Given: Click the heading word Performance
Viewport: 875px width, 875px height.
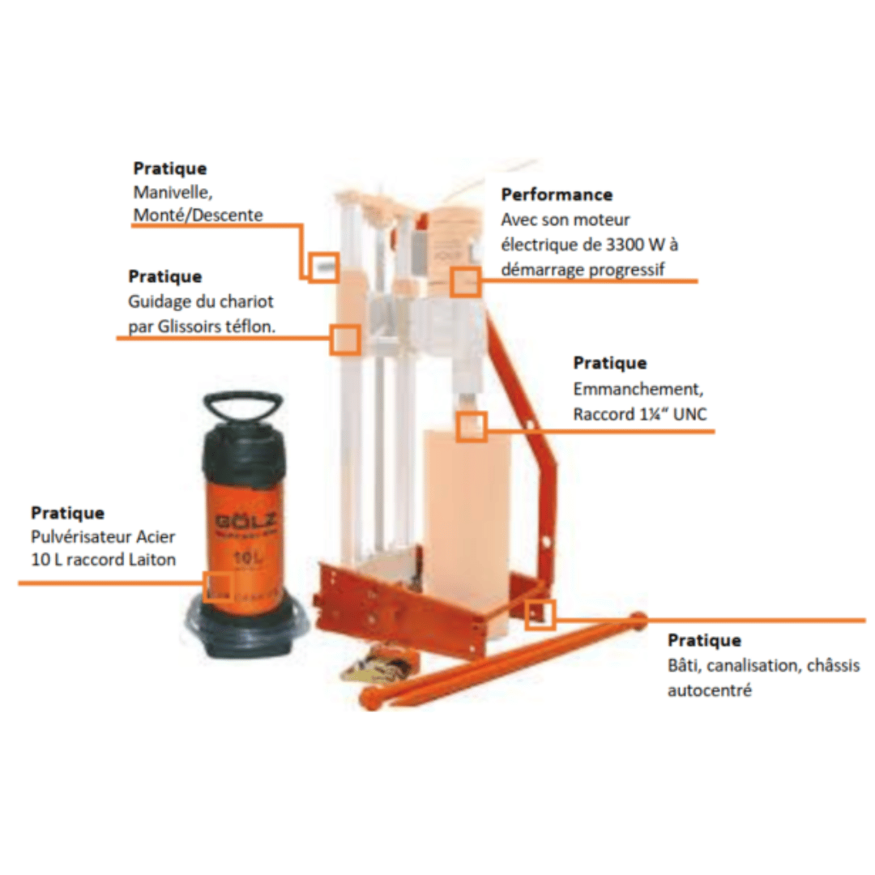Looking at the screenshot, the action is click(557, 194).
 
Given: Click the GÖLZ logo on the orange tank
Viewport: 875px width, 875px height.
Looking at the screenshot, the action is click(245, 522).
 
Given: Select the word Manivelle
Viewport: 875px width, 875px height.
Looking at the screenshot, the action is click(173, 193).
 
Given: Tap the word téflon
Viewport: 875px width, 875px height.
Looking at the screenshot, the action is click(250, 326).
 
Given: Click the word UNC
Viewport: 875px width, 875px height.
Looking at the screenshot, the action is click(690, 414).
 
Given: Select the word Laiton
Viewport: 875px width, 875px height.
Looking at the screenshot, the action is click(152, 560).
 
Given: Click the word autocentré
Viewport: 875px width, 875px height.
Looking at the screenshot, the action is click(709, 690).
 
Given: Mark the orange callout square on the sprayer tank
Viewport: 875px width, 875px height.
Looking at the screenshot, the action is click(217, 587).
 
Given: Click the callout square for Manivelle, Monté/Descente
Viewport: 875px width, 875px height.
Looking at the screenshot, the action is click(323, 268).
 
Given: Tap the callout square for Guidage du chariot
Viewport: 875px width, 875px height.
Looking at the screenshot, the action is click(344, 339).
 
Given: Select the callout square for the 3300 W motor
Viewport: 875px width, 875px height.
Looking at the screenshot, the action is click(465, 281).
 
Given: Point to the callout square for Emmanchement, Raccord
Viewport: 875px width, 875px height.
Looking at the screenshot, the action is click(472, 427).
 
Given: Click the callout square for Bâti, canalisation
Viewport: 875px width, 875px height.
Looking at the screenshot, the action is click(540, 615).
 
